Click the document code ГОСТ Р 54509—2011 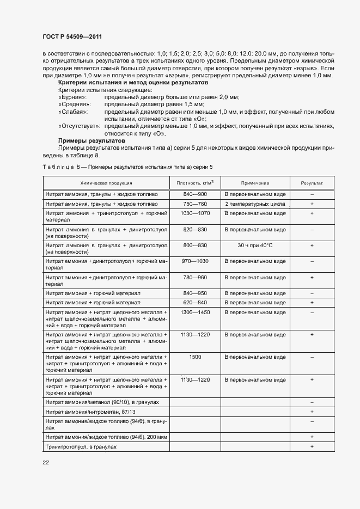[72, 36]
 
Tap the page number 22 [46, 462]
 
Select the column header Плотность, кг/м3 [195, 183]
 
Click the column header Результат [312, 183]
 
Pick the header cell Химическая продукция [106, 183]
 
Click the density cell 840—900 [195, 194]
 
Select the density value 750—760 [195, 204]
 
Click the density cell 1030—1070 [195, 213]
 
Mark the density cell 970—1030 [195, 261]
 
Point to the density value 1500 [195, 357]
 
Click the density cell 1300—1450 [195, 312]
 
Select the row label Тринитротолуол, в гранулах [81, 446]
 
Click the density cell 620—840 [195, 302]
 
